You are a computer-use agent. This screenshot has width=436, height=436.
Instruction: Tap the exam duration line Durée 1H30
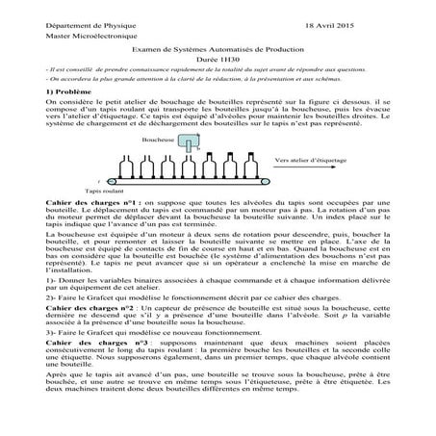218,60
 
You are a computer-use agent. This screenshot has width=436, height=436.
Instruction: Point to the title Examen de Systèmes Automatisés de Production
218,49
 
